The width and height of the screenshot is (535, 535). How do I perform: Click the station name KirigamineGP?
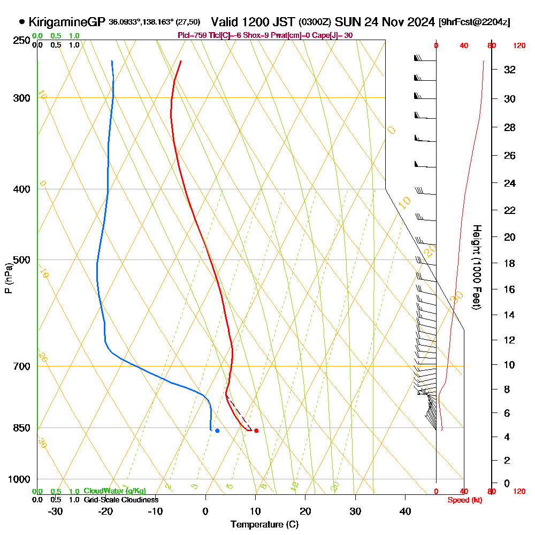[x=67, y=22]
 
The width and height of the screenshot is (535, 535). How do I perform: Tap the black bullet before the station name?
[x=22, y=22]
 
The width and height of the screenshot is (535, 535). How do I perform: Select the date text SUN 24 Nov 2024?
[x=384, y=22]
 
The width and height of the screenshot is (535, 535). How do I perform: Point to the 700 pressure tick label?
[x=21, y=366]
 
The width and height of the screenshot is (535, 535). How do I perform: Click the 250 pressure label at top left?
[x=21, y=41]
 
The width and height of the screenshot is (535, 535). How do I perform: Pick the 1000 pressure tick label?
[x=19, y=479]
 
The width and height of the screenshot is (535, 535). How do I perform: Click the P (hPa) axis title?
[x=8, y=278]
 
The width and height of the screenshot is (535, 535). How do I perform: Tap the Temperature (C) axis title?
[x=264, y=524]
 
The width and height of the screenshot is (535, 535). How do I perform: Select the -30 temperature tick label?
[x=56, y=511]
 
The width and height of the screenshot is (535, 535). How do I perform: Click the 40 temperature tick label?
[x=405, y=511]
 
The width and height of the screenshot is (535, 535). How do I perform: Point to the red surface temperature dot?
[x=256, y=431]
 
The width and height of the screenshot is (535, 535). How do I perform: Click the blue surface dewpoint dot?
[x=217, y=431]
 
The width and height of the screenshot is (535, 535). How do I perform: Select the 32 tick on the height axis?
[x=509, y=70]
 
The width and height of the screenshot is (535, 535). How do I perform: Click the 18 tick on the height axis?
[x=509, y=263]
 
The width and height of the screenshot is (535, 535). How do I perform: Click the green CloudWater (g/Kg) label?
[x=114, y=491]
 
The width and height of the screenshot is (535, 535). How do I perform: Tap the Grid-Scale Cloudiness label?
[x=121, y=500]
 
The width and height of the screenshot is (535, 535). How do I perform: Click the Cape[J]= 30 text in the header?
[x=332, y=35]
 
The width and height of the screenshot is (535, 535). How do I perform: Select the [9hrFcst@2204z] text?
[x=474, y=22]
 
